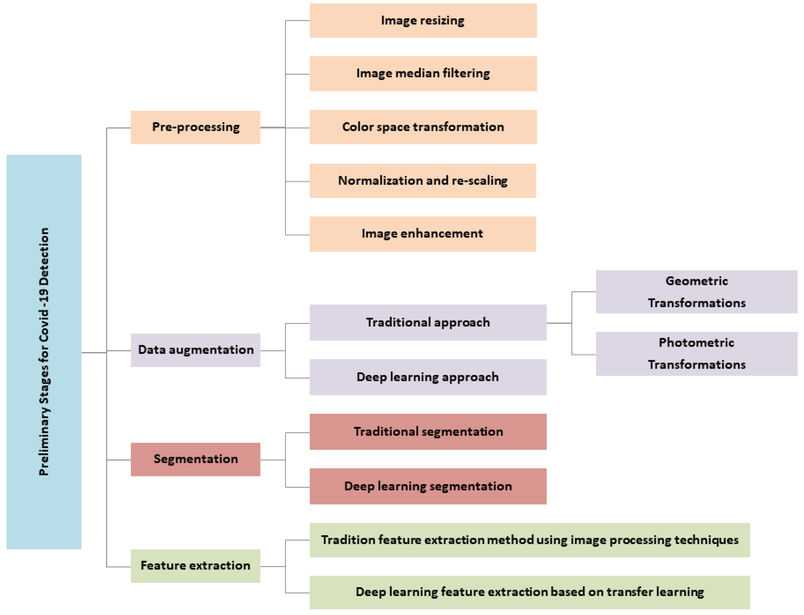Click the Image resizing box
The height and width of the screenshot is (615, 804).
pos(423,21)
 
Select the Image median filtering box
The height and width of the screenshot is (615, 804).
pos(423,74)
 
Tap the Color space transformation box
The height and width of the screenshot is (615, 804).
pos(423,127)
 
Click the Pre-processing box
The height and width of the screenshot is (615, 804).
pos(195,127)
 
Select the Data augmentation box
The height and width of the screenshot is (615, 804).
pos(195,350)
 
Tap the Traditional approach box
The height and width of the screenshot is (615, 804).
pos(427,322)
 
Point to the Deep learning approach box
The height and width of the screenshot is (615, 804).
pos(427,377)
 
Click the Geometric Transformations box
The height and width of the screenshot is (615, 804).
pos(696,292)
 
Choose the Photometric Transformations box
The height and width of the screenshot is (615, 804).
pos(696,354)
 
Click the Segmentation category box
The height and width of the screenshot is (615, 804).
pos(195,459)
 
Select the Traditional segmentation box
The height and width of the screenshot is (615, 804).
pos(427,432)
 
